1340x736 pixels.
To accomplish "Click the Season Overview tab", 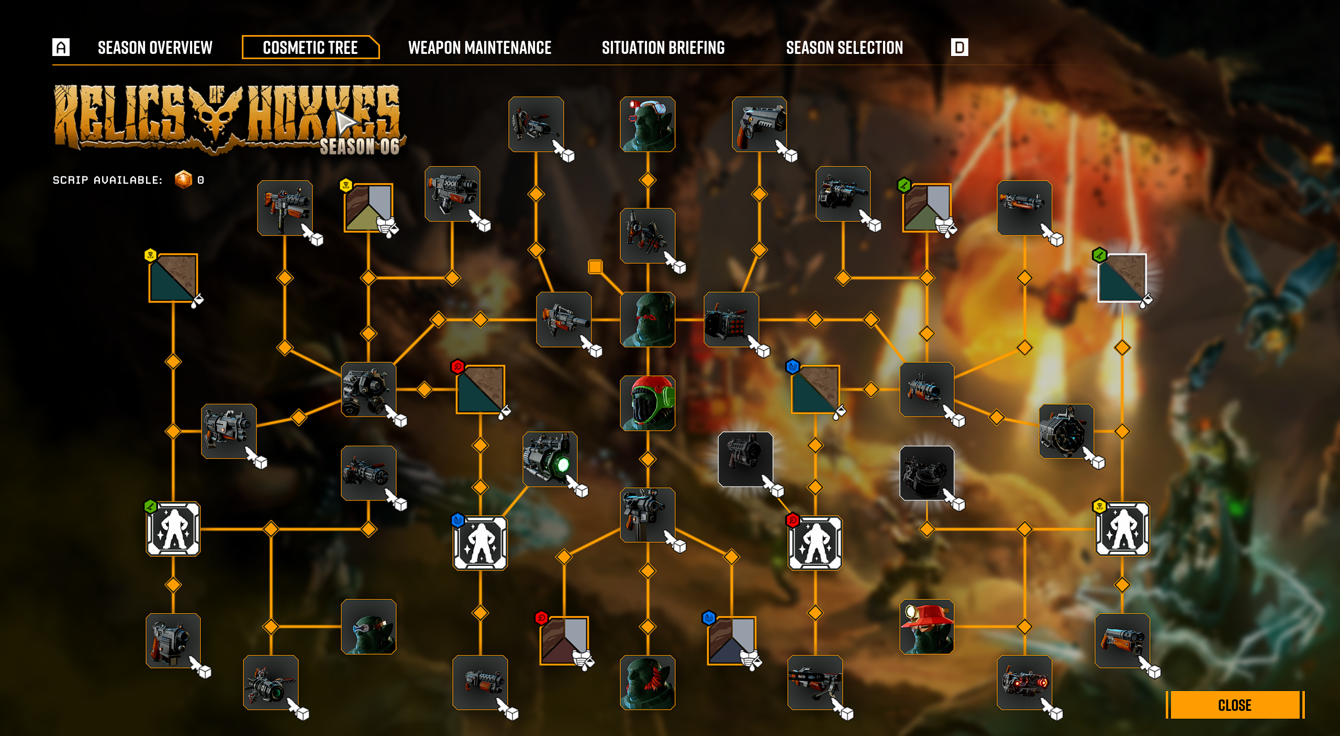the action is tap(155, 48).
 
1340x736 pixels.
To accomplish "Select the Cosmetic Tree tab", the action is tap(310, 48).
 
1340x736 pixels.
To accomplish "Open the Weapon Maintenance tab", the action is tap(479, 48).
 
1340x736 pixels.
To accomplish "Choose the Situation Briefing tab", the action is tap(663, 48).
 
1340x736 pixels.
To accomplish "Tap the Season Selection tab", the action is tap(844, 48).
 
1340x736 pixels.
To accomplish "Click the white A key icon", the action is tap(61, 47).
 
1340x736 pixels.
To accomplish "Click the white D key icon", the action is tap(959, 47).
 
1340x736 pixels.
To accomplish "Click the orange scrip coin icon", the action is tap(183, 180).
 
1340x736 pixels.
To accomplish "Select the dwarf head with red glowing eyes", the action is tap(647, 319).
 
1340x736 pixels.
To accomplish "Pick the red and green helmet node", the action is tap(647, 403).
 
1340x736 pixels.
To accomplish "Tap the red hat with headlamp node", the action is tap(926, 627).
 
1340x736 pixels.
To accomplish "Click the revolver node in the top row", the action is tap(759, 124).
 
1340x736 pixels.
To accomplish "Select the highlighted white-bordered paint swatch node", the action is tap(1122, 278).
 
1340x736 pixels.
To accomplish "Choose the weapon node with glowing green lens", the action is tap(550, 459).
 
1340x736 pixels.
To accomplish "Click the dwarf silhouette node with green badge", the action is tap(173, 529).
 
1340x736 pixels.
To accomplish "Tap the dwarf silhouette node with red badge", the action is tap(815, 543).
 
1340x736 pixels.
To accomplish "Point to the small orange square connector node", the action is tap(595, 266).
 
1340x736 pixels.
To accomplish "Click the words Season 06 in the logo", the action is tap(360, 147).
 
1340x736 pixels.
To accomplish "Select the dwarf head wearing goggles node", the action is tap(368, 627).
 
